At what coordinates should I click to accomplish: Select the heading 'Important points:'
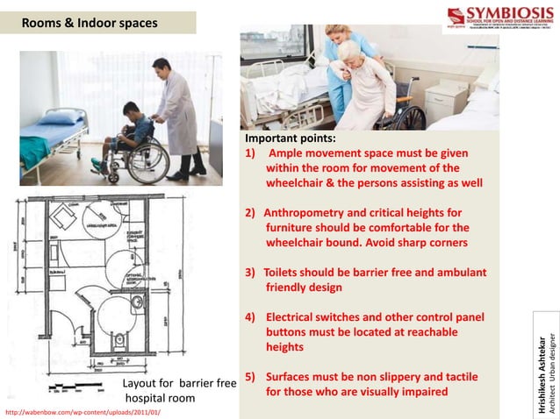click(290, 138)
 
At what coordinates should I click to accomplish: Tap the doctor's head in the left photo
click(161, 68)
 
